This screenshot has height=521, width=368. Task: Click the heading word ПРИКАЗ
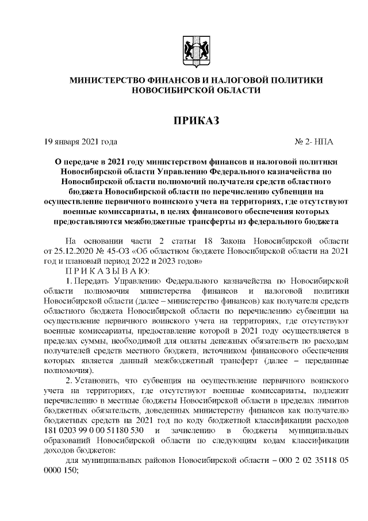point(197,120)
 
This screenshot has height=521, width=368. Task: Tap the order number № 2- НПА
point(313,141)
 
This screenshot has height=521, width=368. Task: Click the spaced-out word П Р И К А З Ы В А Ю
point(108,271)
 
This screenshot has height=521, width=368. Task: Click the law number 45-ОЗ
point(124,251)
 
